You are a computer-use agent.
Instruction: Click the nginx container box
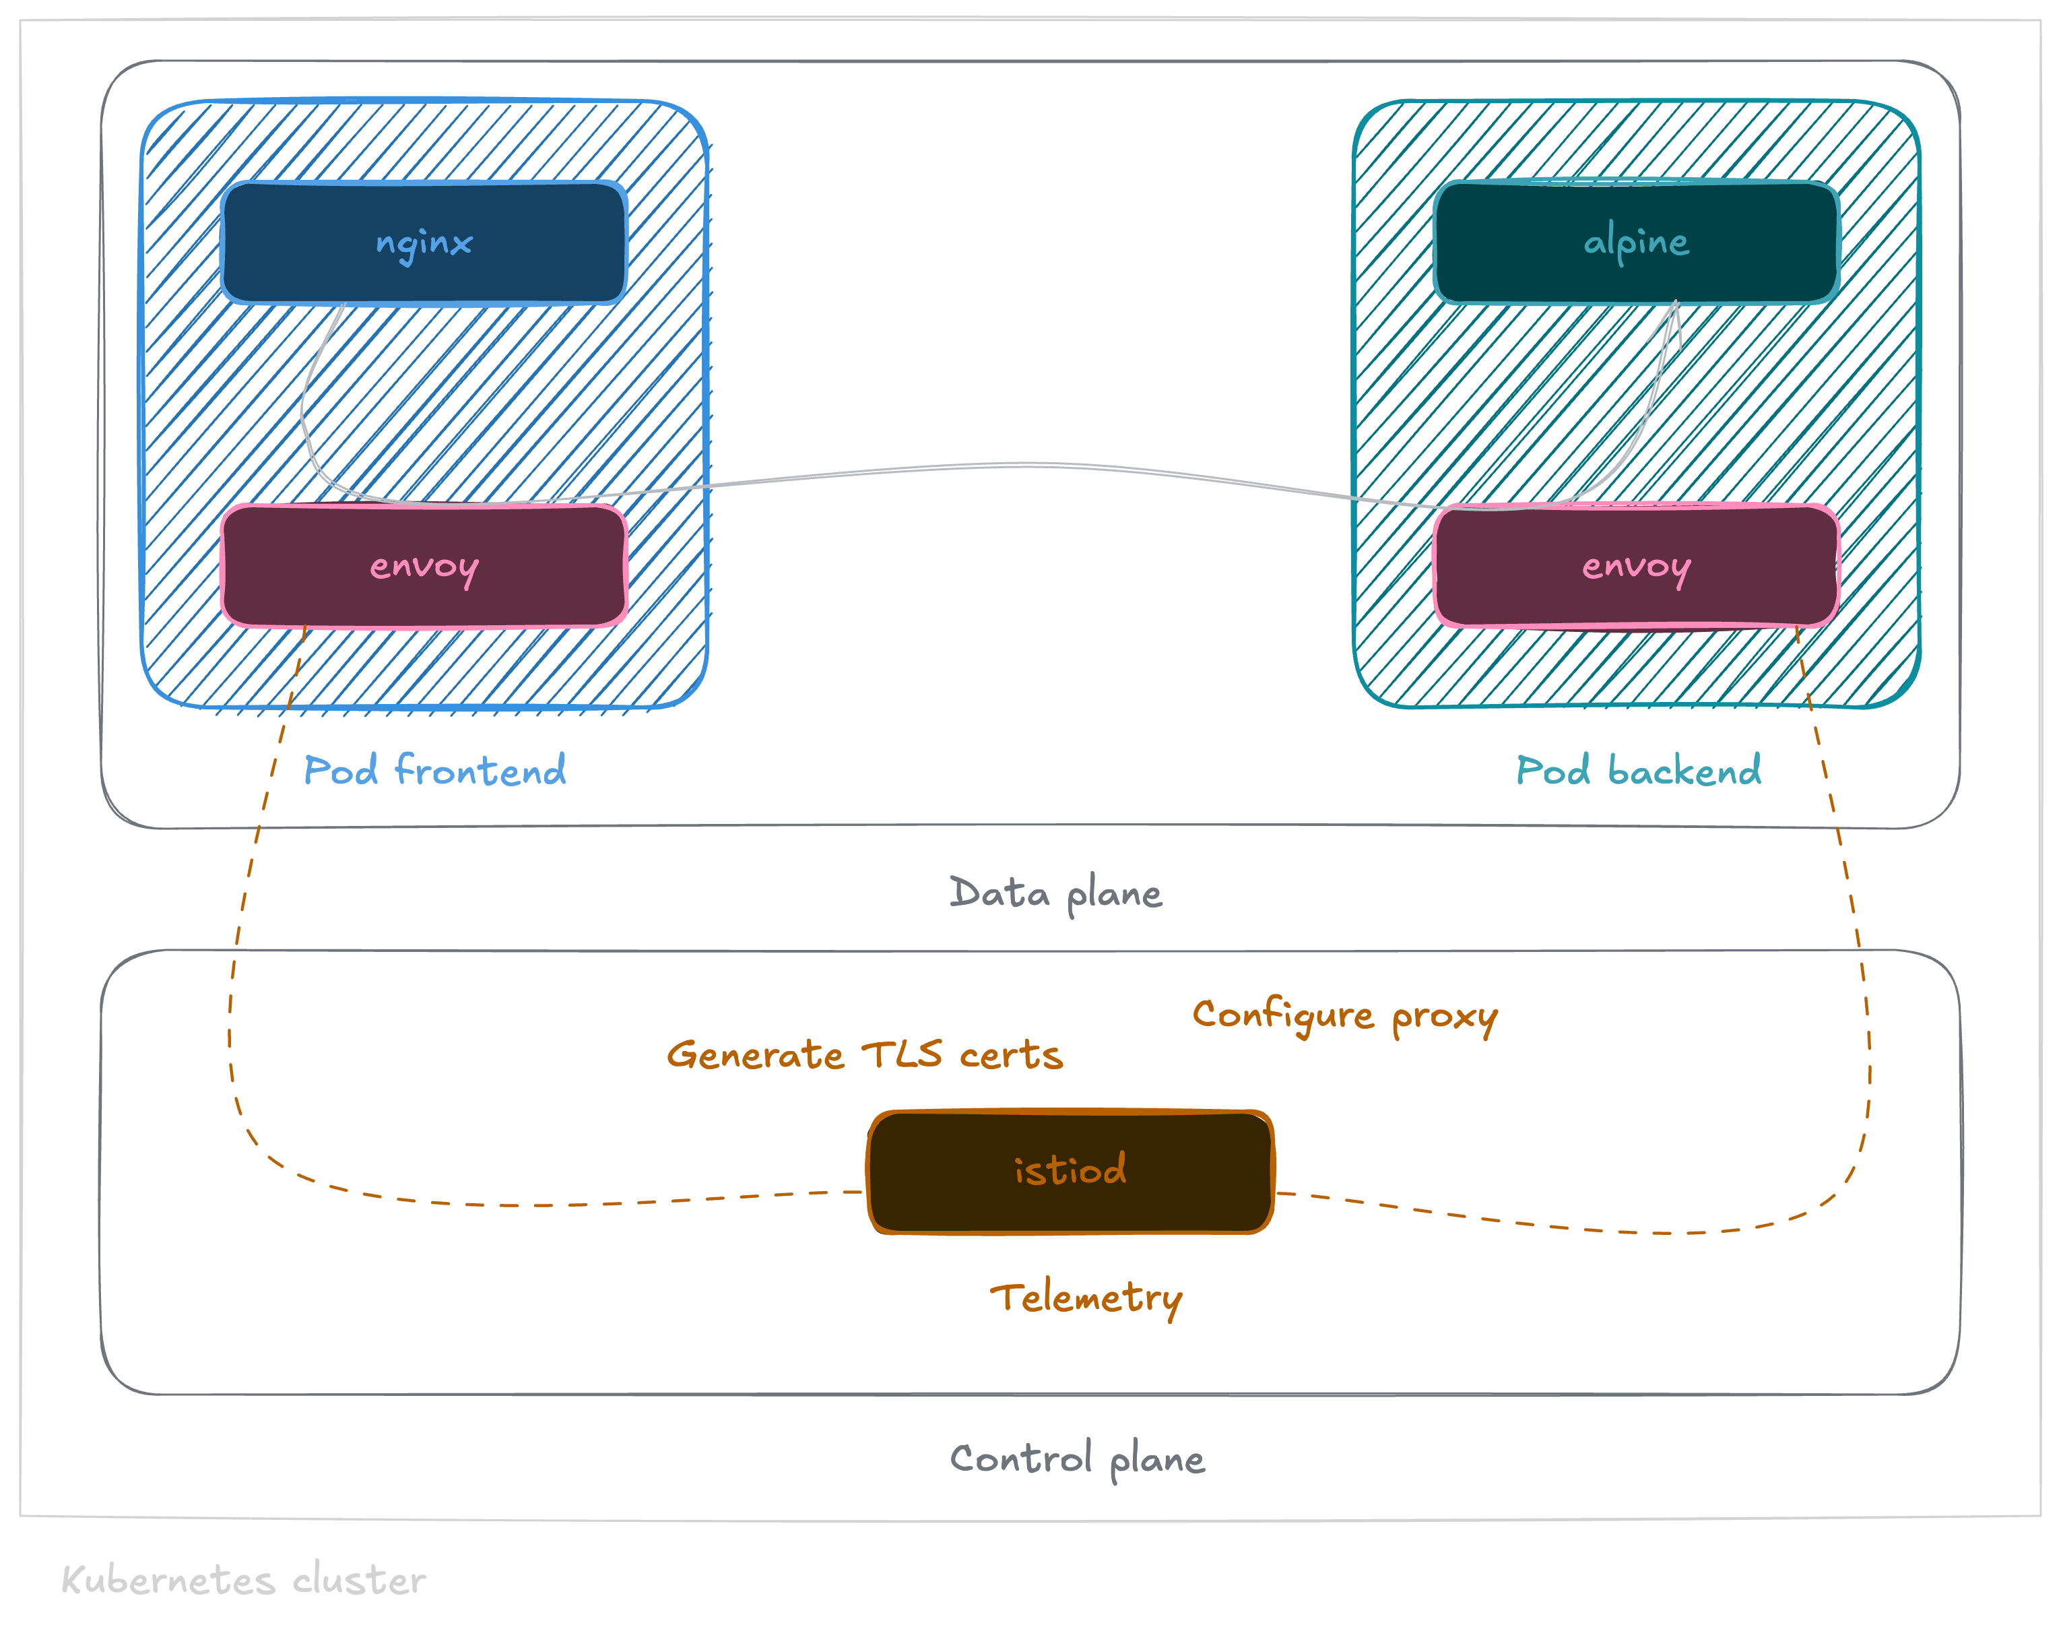[x=424, y=243]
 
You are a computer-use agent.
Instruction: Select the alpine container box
[x=1635, y=243]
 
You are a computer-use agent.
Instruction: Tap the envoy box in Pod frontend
[x=424, y=567]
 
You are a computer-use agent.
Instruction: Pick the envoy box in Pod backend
[x=1635, y=567]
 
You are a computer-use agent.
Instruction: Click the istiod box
[x=1070, y=1172]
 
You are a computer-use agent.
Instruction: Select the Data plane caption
[x=1055, y=893]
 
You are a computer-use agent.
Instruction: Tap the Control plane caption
[x=1077, y=1459]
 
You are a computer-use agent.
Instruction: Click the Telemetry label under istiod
[x=1086, y=1298]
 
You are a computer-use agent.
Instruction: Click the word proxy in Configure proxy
[x=1444, y=1017]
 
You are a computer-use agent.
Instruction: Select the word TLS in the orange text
[x=901, y=1054]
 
